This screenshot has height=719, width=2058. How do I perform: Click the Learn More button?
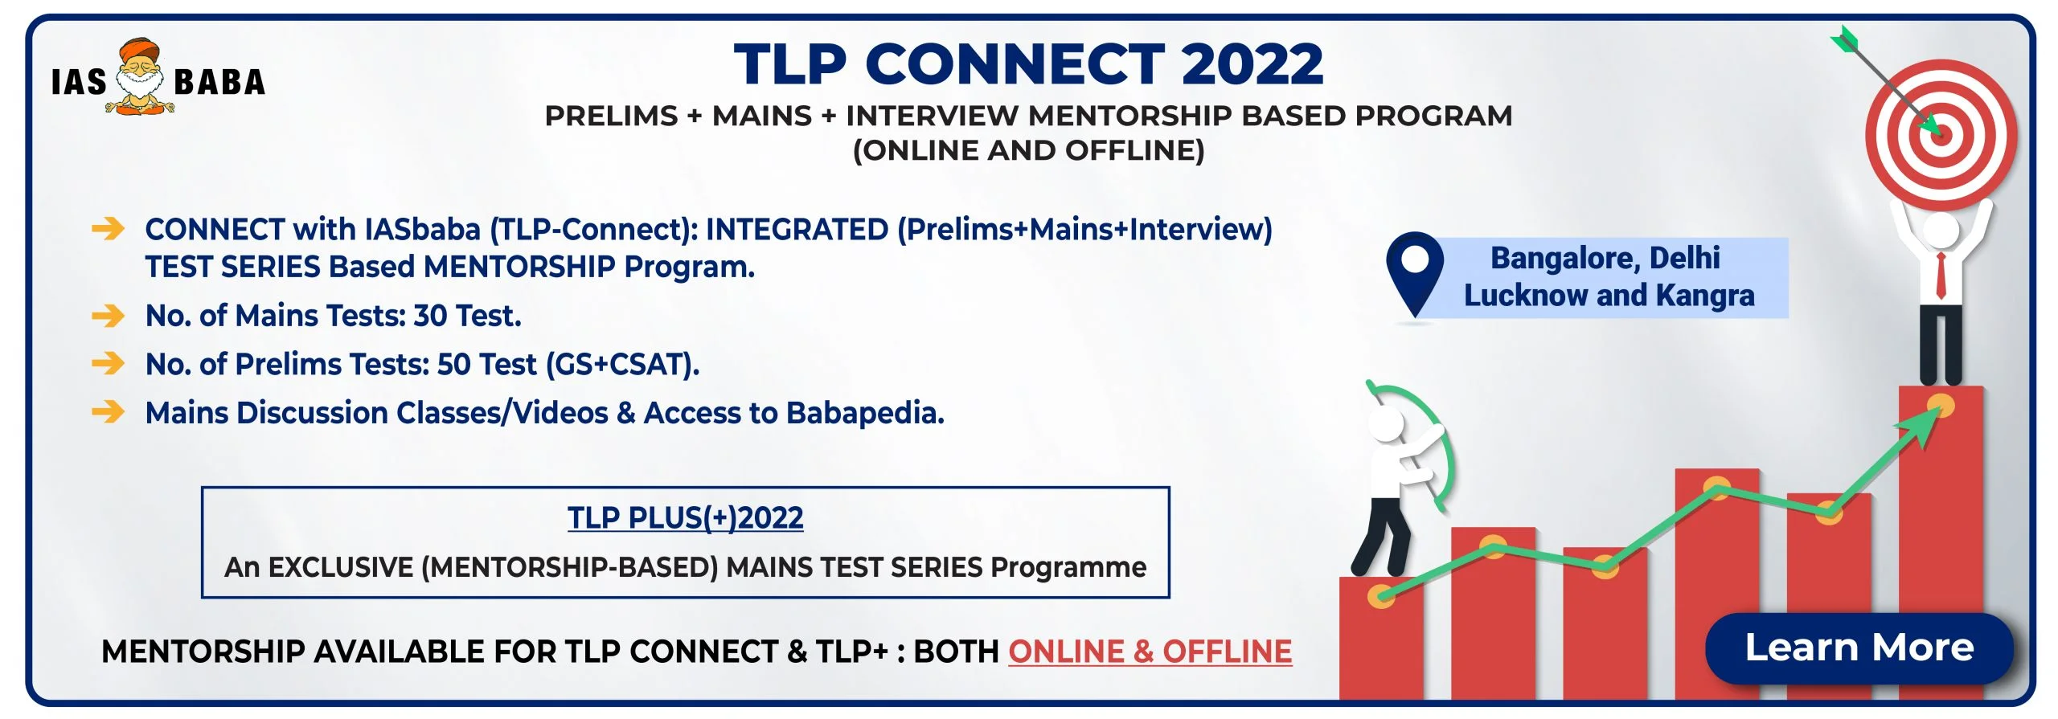(x=1859, y=648)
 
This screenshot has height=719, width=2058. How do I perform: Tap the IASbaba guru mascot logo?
(x=141, y=77)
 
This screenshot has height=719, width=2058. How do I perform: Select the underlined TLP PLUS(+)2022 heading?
(x=685, y=518)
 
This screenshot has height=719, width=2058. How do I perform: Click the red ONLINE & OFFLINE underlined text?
(x=1150, y=652)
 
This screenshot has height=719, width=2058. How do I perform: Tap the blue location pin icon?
(x=1415, y=273)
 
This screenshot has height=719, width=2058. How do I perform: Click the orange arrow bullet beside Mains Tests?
(x=108, y=316)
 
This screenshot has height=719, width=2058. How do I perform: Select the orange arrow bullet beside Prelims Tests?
(x=108, y=364)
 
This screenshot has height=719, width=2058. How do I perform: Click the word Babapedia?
(x=865, y=414)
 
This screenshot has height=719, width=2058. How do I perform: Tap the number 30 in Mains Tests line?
(x=430, y=316)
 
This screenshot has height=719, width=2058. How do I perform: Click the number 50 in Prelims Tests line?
(x=453, y=365)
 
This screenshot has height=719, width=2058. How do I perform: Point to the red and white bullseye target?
(x=1941, y=135)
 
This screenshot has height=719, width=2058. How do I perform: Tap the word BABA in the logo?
(x=219, y=82)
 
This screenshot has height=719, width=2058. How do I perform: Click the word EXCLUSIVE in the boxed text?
(x=341, y=568)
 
